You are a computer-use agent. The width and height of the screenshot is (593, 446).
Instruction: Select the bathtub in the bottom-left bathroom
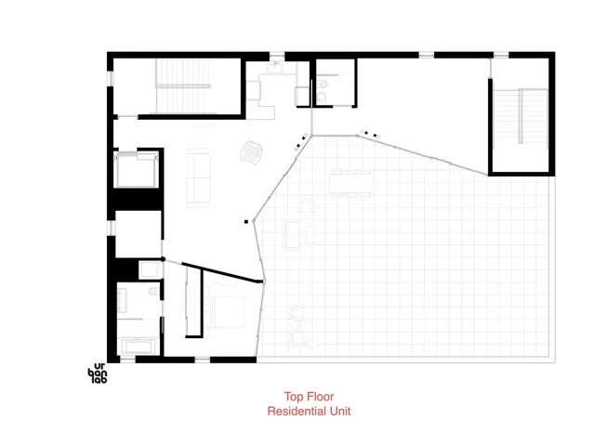pos(138,348)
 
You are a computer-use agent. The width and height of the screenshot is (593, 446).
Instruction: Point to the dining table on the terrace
pos(352,182)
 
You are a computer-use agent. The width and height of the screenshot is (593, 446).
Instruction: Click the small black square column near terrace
pos(247,221)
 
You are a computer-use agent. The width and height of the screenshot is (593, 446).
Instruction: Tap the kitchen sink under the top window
pos(278,69)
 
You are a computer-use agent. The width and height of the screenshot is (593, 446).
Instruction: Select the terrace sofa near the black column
pos(293,233)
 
